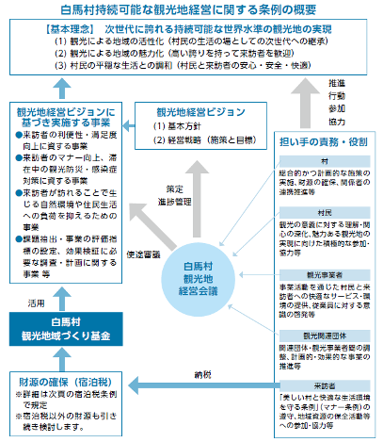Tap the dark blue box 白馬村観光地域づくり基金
59,330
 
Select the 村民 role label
323,214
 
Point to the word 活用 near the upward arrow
36,305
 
